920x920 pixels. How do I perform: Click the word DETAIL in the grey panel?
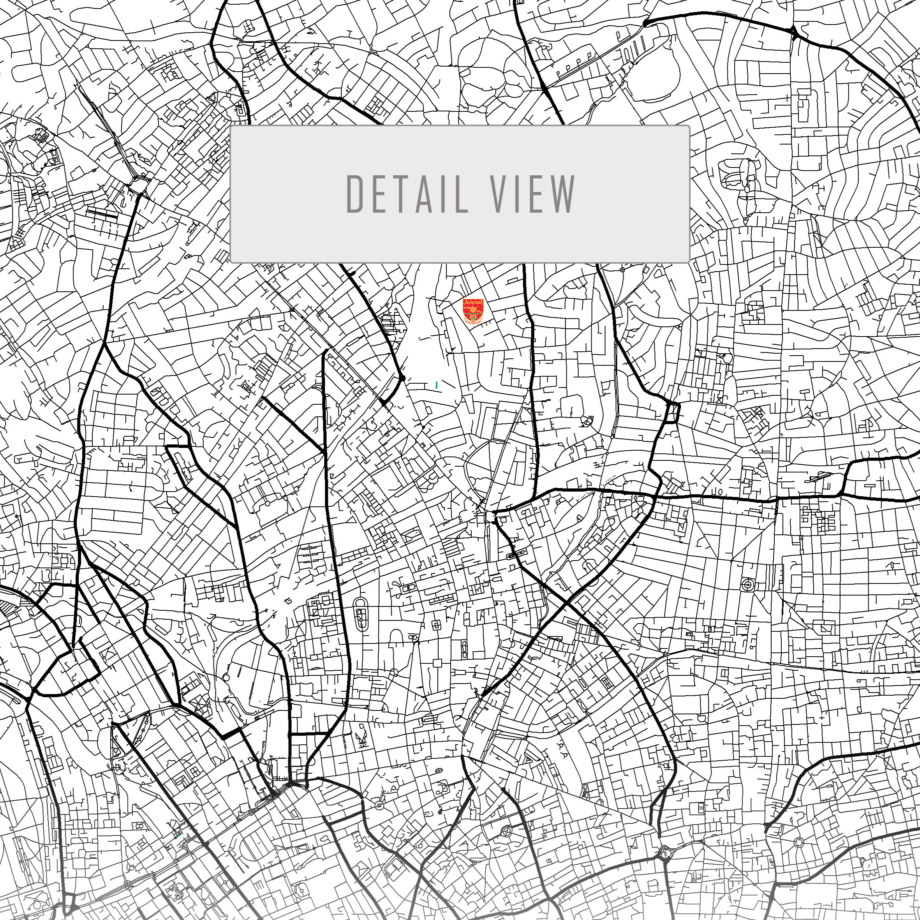pyautogui.click(x=407, y=194)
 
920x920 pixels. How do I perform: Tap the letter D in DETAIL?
pyautogui.click(x=355, y=194)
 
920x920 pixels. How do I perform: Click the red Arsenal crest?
pyautogui.click(x=473, y=311)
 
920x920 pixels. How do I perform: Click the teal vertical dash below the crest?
pyautogui.click(x=437, y=384)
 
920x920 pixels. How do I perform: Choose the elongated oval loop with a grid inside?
pyautogui.click(x=361, y=614)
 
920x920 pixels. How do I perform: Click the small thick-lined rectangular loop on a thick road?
pyautogui.click(x=673, y=412)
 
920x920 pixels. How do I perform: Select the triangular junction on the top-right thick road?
pyautogui.click(x=794, y=32)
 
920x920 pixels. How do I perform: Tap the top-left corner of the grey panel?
pyautogui.click(x=231, y=127)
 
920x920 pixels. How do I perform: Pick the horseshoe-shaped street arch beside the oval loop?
pyautogui.click(x=396, y=637)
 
